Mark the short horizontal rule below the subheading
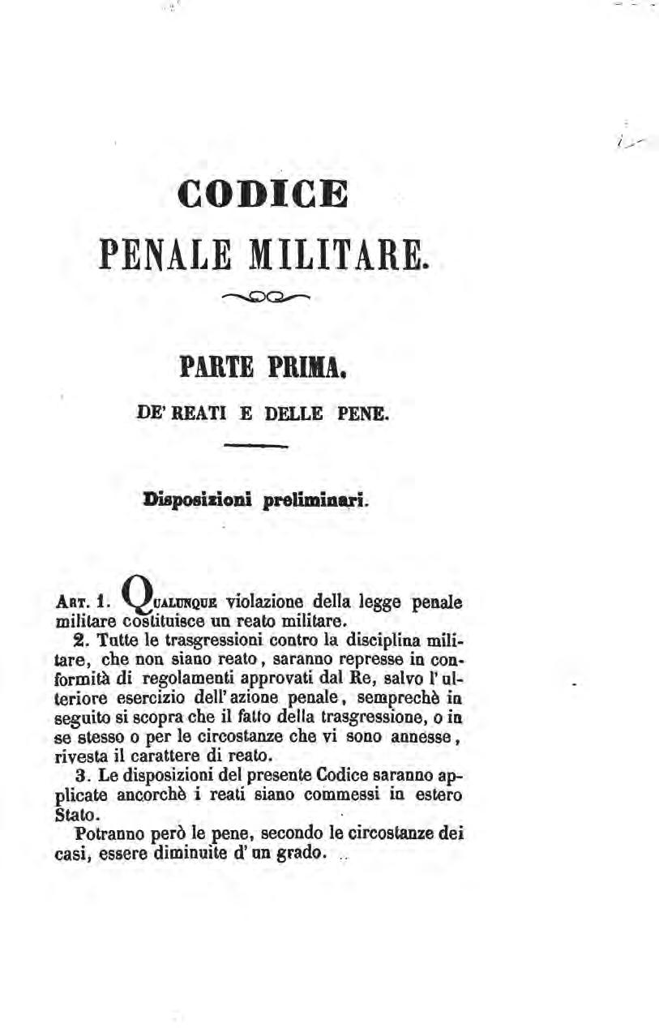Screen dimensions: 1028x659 (x=257, y=447)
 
